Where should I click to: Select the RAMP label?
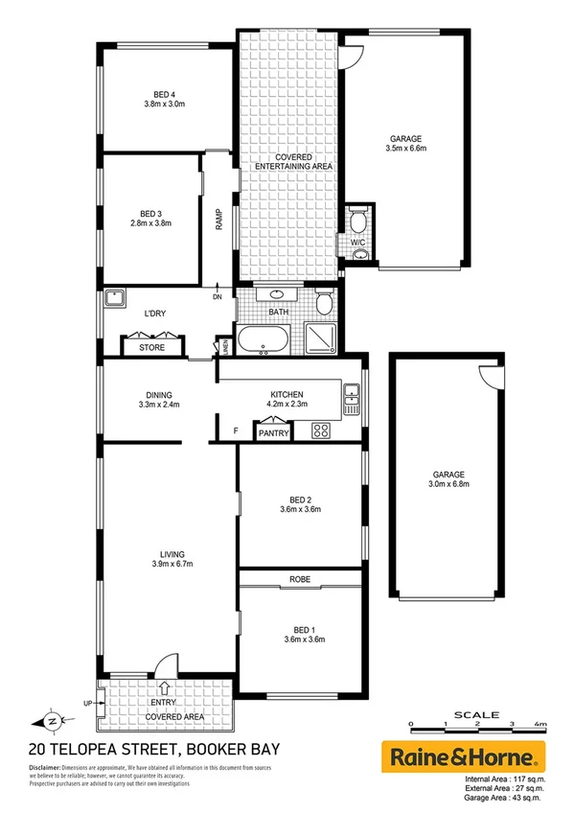tap(218, 221)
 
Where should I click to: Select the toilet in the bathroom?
tap(325, 303)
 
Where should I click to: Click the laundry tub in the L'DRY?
tap(114, 299)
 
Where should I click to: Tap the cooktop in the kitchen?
tap(320, 431)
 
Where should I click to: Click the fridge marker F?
tap(236, 431)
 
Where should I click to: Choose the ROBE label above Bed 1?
tap(301, 580)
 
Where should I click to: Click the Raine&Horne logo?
tap(463, 756)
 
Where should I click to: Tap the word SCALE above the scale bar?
tap(476, 714)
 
